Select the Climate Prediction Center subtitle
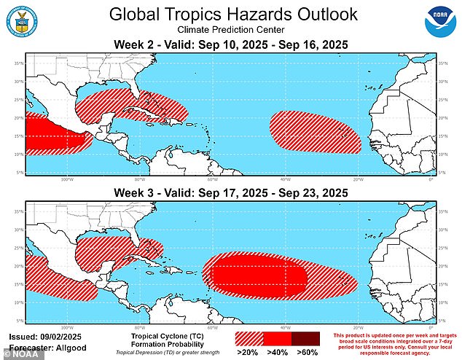coord(230,31)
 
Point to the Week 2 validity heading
coord(230,46)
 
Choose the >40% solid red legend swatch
coord(278,340)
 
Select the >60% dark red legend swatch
coord(305,340)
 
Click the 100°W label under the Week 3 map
coord(66,327)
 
